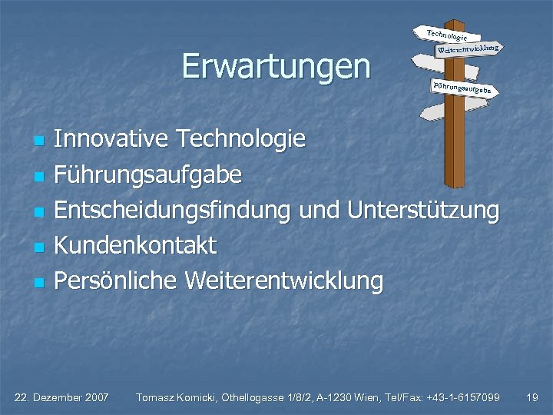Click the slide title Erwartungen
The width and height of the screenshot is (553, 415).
[x=276, y=67]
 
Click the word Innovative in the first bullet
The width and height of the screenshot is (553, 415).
[x=112, y=139]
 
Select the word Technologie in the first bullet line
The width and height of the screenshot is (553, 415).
[x=241, y=139]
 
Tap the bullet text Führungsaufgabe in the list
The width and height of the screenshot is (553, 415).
[x=148, y=175]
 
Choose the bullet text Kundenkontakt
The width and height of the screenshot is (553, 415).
[x=136, y=246]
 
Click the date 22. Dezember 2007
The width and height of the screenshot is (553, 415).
[x=62, y=397]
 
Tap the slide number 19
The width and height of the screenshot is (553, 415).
[x=531, y=397]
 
